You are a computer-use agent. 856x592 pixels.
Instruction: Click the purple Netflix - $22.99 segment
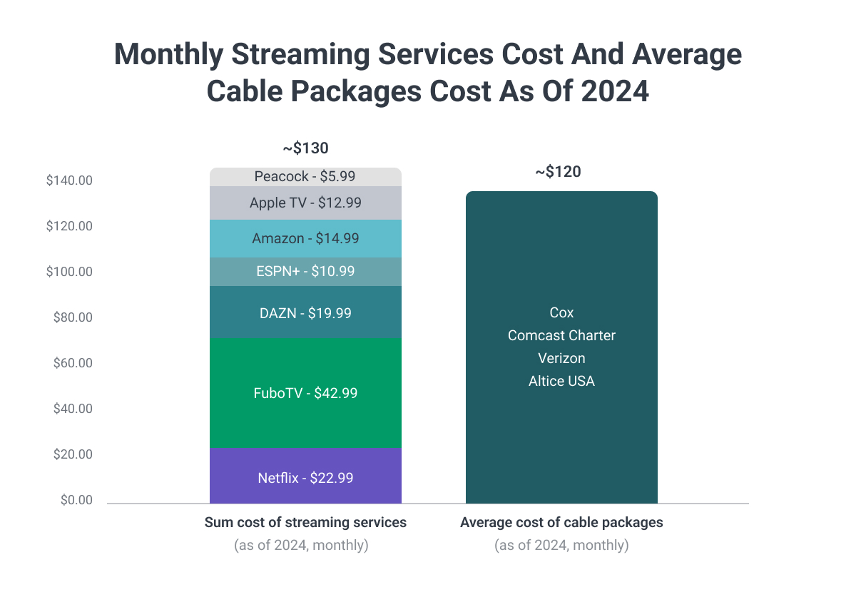click(305, 477)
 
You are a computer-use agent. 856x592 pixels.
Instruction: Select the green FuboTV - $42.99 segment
click(305, 392)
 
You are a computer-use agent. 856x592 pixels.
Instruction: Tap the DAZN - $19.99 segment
click(305, 312)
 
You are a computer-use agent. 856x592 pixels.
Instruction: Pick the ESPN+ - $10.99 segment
click(305, 271)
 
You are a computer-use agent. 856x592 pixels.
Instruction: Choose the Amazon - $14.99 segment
click(305, 238)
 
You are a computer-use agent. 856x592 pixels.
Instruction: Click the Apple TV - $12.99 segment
click(305, 203)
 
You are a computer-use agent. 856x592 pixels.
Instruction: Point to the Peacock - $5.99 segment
click(305, 176)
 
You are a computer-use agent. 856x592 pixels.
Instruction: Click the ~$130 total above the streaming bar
click(305, 148)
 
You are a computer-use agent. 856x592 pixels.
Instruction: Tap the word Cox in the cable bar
click(561, 312)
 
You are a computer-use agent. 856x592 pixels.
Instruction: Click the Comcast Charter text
click(561, 335)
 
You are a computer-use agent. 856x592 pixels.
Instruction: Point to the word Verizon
click(561, 358)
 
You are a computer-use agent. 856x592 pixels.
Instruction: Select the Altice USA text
click(561, 381)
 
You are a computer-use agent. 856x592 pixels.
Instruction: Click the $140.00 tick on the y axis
click(69, 180)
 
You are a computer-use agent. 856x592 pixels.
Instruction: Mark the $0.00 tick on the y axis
click(76, 500)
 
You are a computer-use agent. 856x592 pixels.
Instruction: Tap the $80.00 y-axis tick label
click(73, 317)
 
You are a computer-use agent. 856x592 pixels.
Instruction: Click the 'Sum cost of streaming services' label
click(305, 522)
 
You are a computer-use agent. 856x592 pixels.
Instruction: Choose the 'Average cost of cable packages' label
click(561, 522)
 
